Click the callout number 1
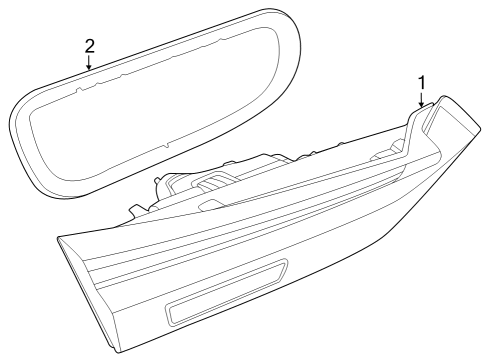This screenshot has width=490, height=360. [x=421, y=80]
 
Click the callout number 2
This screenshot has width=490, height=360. [x=90, y=46]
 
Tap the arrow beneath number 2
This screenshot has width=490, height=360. [x=90, y=63]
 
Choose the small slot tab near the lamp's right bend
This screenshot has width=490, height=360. [x=385, y=157]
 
